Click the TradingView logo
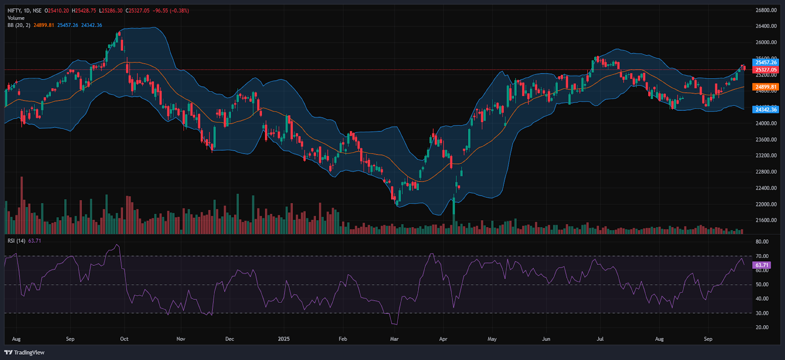[x=25, y=352]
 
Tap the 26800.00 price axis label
[x=766, y=10]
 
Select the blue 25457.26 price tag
[x=765, y=62]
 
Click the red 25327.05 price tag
[x=765, y=70]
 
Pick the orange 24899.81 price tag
[x=765, y=87]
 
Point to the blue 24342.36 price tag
[x=765, y=109]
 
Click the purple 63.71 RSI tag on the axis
[x=761, y=265]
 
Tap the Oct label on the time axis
[x=124, y=339]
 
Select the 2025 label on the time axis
[x=284, y=339]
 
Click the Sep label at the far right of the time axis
[x=708, y=339]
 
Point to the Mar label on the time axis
[x=394, y=339]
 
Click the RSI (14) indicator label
[x=16, y=241]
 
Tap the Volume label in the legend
[x=16, y=18]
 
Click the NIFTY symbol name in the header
[x=14, y=11]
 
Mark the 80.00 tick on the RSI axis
[x=762, y=242]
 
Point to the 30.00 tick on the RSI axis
[x=762, y=313]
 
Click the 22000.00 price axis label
[x=766, y=204]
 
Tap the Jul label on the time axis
[x=600, y=339]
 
